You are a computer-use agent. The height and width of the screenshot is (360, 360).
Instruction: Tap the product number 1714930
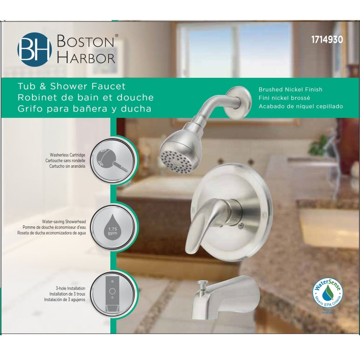327,39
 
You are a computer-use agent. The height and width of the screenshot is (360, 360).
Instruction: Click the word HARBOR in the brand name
85,57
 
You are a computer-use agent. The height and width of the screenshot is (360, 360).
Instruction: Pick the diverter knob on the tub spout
202,283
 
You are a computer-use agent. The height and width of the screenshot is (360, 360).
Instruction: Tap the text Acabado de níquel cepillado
301,106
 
